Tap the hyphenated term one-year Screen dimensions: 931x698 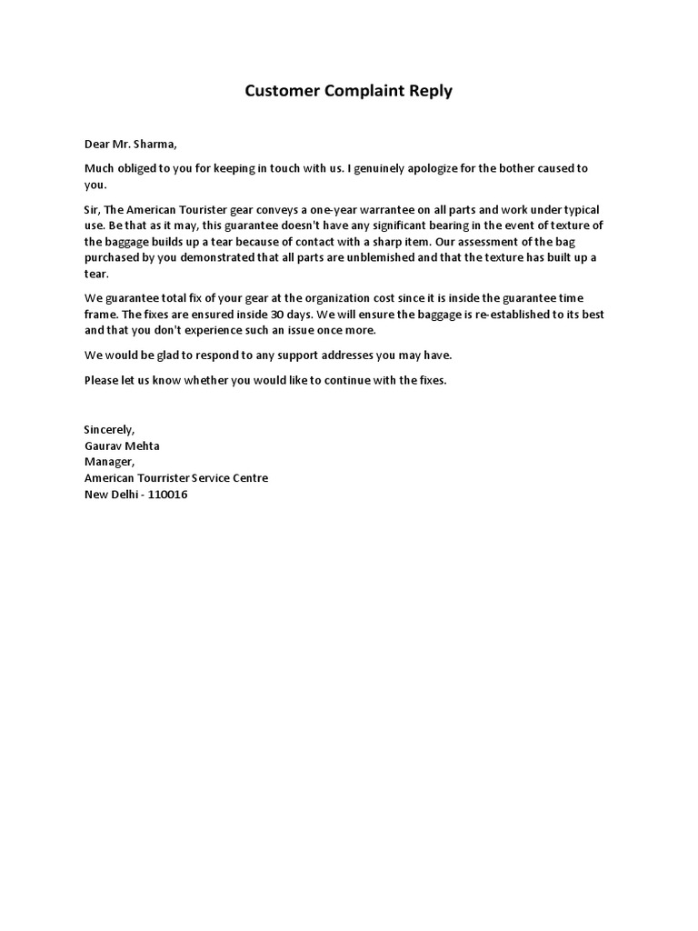point(321,210)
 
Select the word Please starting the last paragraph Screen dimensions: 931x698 point(101,380)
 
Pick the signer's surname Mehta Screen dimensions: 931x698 point(142,445)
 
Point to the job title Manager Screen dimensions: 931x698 point(108,462)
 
